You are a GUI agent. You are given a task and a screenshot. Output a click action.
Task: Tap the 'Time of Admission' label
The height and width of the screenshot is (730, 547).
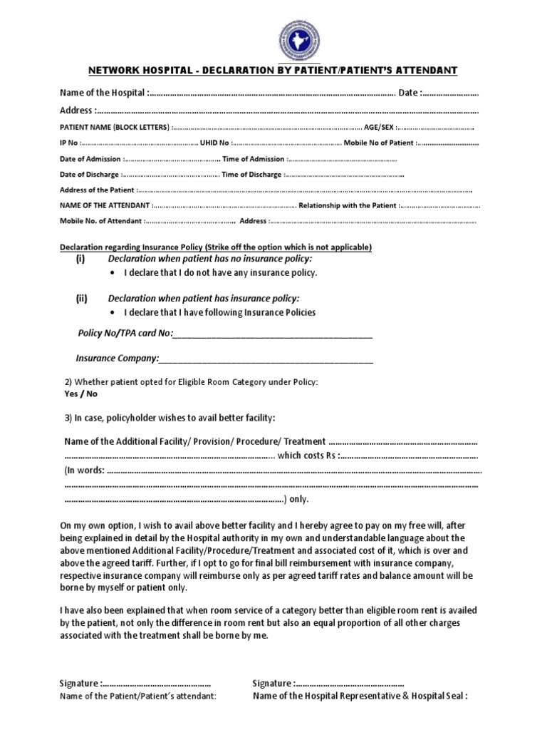tap(254, 160)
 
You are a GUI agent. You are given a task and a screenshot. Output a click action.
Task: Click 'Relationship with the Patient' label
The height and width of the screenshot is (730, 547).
tap(348, 206)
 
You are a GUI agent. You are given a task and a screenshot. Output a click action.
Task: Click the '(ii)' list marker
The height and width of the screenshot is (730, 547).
tap(81, 299)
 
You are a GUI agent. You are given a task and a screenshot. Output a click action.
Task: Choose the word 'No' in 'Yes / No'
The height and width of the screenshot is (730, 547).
tap(92, 394)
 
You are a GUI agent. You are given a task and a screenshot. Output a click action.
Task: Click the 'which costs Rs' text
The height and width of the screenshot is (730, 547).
tap(307, 456)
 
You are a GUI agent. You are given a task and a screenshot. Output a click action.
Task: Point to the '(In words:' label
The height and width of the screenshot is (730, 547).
tap(84, 471)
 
